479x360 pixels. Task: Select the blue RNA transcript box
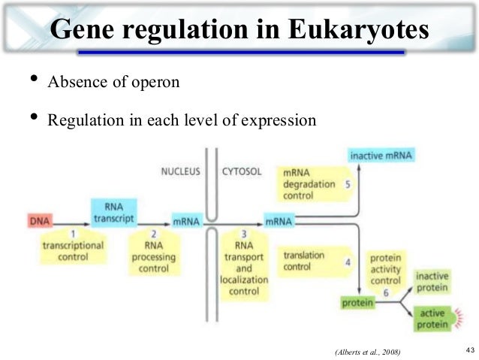point(113,212)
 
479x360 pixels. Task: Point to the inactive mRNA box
point(381,156)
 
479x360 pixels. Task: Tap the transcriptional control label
point(74,251)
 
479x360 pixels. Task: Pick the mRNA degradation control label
point(305,183)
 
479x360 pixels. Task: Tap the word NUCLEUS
point(180,172)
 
